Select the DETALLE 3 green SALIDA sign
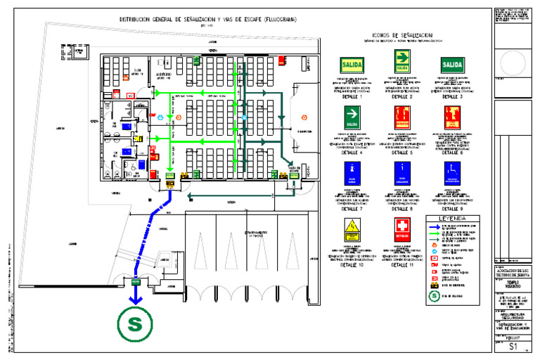(x=451, y=65)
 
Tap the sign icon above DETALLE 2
(x=400, y=65)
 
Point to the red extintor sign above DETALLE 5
(x=401, y=117)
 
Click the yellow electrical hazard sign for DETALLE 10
(x=351, y=229)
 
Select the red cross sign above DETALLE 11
(x=401, y=229)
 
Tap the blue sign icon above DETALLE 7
(x=351, y=172)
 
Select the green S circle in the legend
(x=434, y=296)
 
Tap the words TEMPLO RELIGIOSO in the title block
(x=512, y=284)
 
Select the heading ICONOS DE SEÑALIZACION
(x=401, y=34)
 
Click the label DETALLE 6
(x=451, y=152)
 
